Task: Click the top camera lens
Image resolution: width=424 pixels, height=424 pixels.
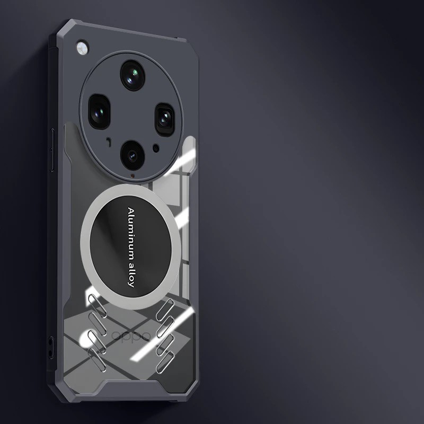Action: point(132,75)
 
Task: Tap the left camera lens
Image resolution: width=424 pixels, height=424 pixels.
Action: point(99,111)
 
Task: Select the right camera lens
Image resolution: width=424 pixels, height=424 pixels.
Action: point(165,119)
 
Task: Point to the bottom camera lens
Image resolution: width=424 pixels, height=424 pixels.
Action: point(132,155)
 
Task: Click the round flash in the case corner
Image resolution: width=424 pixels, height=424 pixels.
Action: point(83,48)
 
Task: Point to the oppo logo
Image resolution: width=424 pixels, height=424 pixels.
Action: point(131,336)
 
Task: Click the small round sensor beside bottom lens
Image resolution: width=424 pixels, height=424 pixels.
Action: point(156,148)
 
